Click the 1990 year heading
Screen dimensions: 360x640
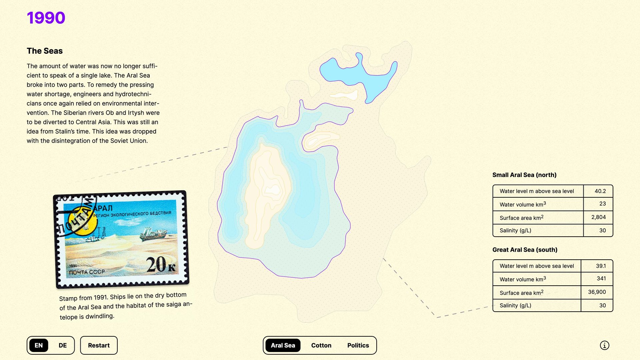point(46,18)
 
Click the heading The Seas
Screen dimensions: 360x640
point(45,51)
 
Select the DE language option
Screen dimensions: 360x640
point(63,345)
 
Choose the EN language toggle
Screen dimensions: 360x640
point(39,345)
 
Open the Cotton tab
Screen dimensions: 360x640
point(321,345)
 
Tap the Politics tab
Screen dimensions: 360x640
point(358,345)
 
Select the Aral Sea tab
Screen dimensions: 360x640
point(283,345)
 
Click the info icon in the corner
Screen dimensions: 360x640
point(604,345)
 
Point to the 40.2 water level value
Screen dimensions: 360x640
point(600,191)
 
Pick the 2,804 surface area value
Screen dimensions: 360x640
point(598,217)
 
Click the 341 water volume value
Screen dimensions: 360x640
point(601,279)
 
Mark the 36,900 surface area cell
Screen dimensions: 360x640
point(597,292)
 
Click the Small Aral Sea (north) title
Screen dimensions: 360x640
point(524,175)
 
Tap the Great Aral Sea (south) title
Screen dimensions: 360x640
point(525,250)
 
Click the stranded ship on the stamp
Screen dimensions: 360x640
point(153,234)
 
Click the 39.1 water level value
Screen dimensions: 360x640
point(601,266)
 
